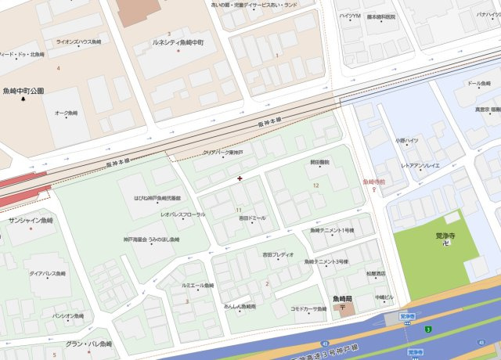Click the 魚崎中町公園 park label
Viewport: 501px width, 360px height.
point(23,91)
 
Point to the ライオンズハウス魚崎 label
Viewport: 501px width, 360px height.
point(78,42)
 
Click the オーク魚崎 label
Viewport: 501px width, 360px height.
point(66,113)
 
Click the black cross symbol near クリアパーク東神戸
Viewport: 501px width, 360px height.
point(240,178)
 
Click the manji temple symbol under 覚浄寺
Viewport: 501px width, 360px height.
point(445,245)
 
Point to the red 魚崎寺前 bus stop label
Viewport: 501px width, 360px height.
point(374,182)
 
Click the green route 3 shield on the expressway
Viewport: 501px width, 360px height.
point(428,329)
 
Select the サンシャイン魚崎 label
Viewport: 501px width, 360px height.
point(31,221)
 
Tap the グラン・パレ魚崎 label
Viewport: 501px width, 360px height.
point(88,344)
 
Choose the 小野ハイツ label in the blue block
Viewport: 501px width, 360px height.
point(407,141)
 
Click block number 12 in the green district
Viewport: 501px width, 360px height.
point(316,185)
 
